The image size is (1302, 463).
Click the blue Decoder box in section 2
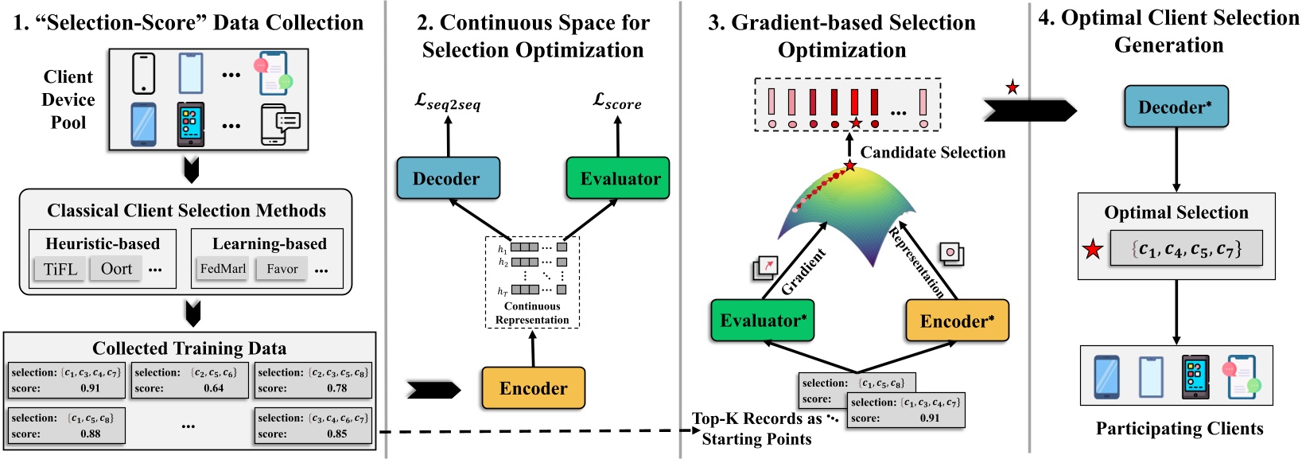pyautogui.click(x=448, y=178)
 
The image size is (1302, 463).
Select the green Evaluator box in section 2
pyautogui.click(x=618, y=178)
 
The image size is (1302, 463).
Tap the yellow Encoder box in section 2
pyautogui.click(x=533, y=387)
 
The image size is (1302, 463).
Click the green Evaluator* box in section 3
pyautogui.click(x=762, y=320)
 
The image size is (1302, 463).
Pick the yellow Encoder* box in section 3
pyautogui.click(x=956, y=321)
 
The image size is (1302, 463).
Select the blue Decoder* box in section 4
pyautogui.click(x=1176, y=107)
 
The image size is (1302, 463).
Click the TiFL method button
pyautogui.click(x=60, y=269)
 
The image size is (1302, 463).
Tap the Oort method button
pyautogui.click(x=116, y=269)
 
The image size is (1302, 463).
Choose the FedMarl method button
pyautogui.click(x=223, y=269)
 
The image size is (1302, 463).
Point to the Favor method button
pyautogui.click(x=282, y=269)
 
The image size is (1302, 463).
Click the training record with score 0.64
pyautogui.click(x=189, y=380)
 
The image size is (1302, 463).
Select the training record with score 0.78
pyautogui.click(x=313, y=380)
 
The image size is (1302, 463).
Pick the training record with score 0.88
pyautogui.click(x=67, y=426)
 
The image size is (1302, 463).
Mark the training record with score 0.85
pyautogui.click(x=313, y=426)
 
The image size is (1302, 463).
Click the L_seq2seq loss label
pyautogui.click(x=448, y=102)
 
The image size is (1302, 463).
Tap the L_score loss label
pyautogui.click(x=617, y=101)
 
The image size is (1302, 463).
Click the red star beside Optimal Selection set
pyautogui.click(x=1094, y=250)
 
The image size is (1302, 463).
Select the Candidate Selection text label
pyautogui.click(x=932, y=152)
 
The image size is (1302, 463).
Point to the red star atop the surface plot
pyautogui.click(x=850, y=165)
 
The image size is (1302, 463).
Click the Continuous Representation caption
pyautogui.click(x=532, y=313)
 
